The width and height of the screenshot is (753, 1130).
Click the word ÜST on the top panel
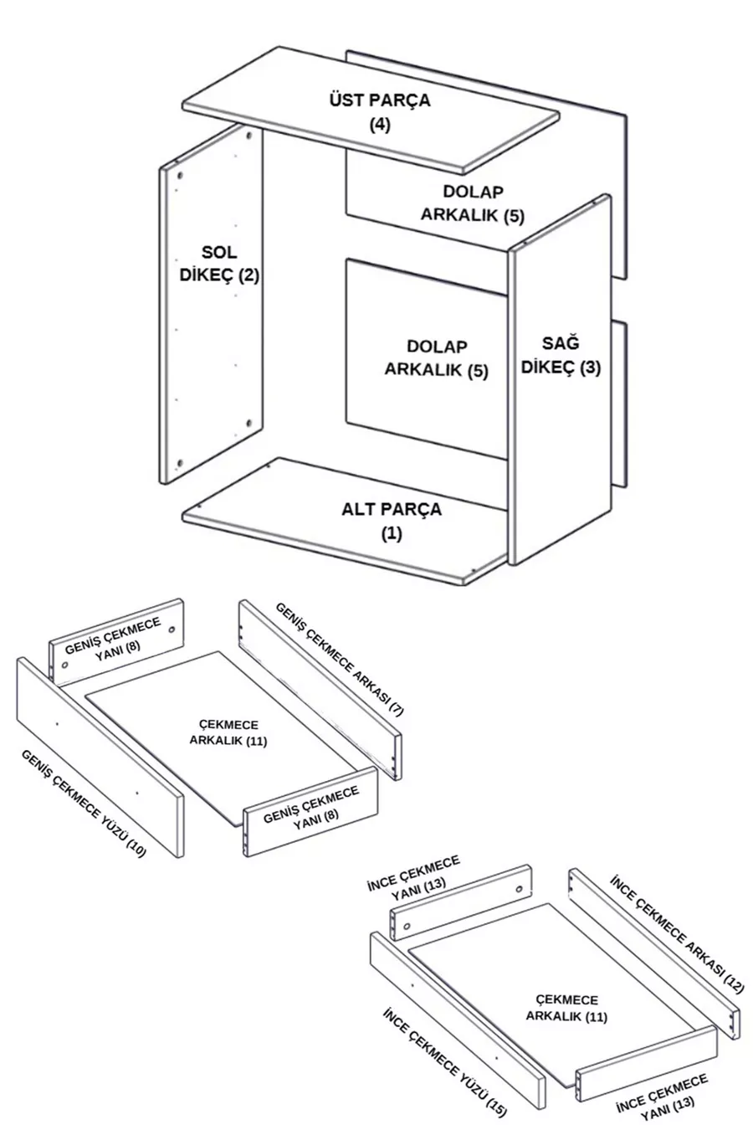click(x=345, y=100)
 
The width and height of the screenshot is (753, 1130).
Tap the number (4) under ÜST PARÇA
click(x=380, y=125)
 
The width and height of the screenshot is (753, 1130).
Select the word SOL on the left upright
click(x=219, y=252)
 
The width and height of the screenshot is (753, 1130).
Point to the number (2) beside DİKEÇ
click(x=248, y=275)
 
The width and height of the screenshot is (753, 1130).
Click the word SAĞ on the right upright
click(x=561, y=343)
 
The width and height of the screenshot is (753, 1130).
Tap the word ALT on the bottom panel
click(x=358, y=509)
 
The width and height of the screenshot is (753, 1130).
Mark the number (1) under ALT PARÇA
click(x=392, y=533)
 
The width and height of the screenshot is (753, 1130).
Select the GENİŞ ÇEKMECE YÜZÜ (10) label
click(x=84, y=802)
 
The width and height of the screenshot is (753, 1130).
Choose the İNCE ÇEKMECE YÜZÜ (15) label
click(x=444, y=1061)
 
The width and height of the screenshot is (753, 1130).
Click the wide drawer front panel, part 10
click(x=100, y=758)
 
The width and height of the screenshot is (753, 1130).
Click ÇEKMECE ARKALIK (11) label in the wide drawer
click(x=228, y=732)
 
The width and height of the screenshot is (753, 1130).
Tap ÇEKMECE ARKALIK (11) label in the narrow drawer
click(x=566, y=1009)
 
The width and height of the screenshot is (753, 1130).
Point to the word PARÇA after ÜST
click(x=402, y=100)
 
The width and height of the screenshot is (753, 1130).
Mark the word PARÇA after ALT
click(x=412, y=509)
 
